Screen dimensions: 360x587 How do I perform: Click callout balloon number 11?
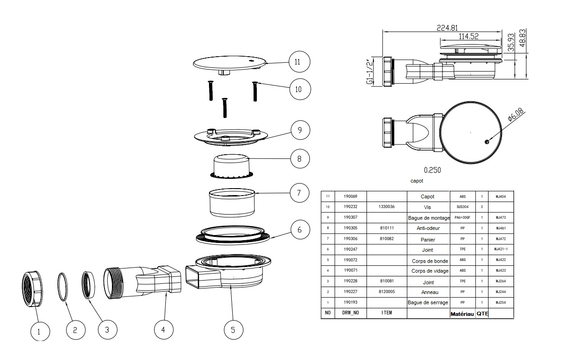pyautogui.click(x=298, y=62)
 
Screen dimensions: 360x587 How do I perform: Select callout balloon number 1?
pyautogui.click(x=39, y=331)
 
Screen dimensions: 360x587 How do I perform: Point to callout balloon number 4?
pyautogui.click(x=163, y=330)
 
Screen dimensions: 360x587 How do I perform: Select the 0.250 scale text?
pyautogui.click(x=432, y=170)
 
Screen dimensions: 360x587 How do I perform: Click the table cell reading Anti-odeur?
pyautogui.click(x=428, y=229)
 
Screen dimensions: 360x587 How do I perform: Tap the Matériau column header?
pyautogui.click(x=462, y=314)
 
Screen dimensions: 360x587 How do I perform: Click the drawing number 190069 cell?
pyautogui.click(x=351, y=196)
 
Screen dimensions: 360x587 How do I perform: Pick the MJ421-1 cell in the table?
pyautogui.click(x=501, y=249)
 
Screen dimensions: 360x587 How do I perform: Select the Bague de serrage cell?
pyautogui.click(x=428, y=303)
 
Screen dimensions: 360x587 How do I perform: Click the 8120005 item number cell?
pyautogui.click(x=386, y=292)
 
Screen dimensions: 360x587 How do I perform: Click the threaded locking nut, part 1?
pyautogui.click(x=33, y=288)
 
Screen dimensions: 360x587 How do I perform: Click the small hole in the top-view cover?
pyautogui.click(x=485, y=142)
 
